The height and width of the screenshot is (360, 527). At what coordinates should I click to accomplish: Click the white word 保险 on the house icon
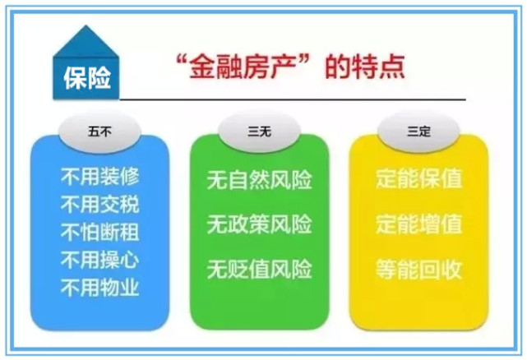(x=87, y=78)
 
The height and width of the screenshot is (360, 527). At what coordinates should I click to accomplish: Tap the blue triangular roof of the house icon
(x=86, y=42)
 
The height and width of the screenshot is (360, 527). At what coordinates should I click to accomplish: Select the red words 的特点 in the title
(x=365, y=67)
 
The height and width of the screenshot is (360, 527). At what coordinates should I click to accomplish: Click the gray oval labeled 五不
(x=99, y=132)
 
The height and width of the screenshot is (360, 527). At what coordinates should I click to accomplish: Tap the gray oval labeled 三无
(x=259, y=132)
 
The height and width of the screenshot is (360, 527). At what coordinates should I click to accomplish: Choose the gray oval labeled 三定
(x=418, y=132)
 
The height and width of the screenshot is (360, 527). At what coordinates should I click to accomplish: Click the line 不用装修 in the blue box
(x=99, y=177)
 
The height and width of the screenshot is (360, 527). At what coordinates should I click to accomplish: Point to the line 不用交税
(x=99, y=205)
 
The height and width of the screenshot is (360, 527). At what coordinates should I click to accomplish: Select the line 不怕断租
(x=99, y=233)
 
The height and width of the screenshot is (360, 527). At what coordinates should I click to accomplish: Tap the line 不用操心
(x=99, y=260)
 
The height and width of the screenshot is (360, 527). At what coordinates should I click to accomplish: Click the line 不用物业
(x=99, y=288)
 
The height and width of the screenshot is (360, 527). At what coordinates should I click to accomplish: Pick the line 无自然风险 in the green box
(x=259, y=180)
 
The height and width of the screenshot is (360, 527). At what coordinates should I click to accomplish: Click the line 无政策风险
(x=259, y=224)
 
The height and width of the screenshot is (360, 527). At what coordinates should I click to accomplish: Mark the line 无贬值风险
(x=259, y=270)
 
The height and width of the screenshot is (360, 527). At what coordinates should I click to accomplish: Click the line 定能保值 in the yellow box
(x=418, y=178)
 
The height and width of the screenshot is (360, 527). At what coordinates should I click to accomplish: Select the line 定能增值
(x=418, y=224)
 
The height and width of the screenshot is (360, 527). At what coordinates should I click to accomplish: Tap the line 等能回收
(x=418, y=270)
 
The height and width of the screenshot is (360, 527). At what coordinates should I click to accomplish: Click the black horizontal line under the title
(x=293, y=99)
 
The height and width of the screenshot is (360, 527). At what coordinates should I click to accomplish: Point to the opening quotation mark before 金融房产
(x=182, y=60)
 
